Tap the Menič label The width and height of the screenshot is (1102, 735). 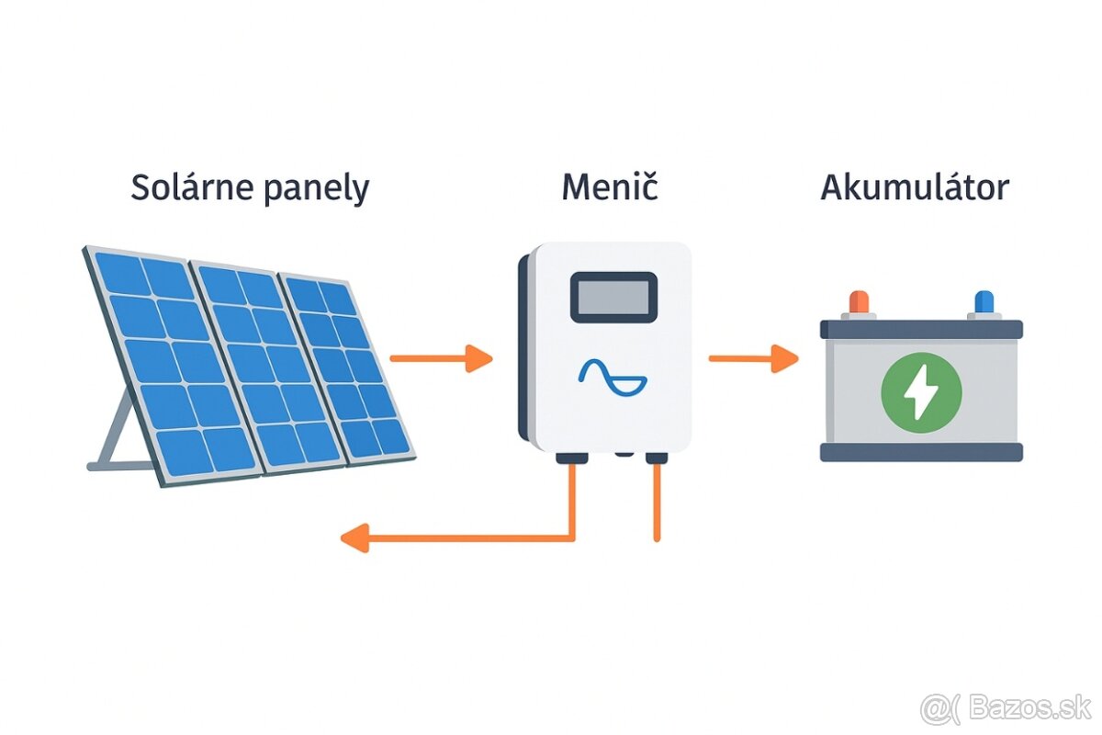pos(610,187)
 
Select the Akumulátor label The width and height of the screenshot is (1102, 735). pos(915,187)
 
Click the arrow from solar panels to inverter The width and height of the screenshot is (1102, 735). pos(441,358)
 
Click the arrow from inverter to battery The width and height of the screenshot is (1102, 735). pos(753,358)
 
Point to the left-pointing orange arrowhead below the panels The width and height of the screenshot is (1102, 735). pos(354,537)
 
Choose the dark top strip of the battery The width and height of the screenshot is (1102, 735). pos(921,328)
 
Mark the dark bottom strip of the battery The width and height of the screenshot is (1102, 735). pos(921,451)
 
